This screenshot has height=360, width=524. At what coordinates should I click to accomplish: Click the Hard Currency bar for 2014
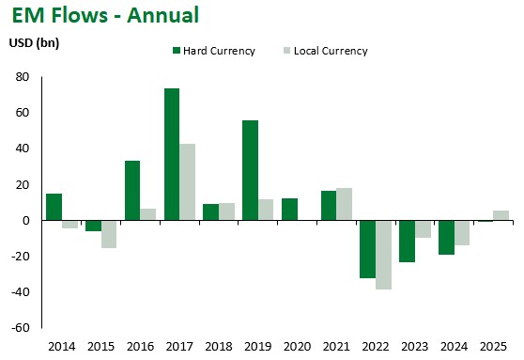[x=54, y=207]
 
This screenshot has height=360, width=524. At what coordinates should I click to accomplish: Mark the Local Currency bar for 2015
[x=109, y=234]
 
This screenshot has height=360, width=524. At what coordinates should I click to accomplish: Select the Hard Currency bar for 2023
[x=407, y=242]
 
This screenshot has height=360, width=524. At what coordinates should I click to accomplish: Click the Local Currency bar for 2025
[x=501, y=215]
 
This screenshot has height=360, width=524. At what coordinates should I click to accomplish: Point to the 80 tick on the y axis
[x=23, y=77]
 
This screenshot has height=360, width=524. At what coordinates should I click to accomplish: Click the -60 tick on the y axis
[x=21, y=328]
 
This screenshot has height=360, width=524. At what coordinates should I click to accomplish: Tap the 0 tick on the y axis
[x=26, y=221]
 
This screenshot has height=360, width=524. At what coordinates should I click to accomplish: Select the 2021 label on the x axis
[x=336, y=347]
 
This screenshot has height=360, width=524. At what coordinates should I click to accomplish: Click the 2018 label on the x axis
[x=218, y=347]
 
